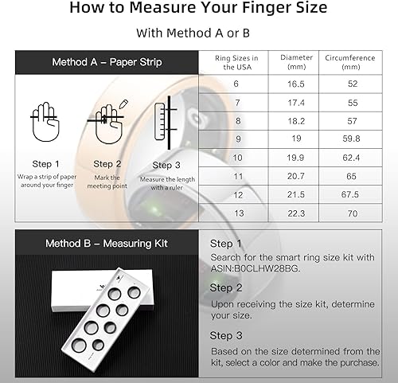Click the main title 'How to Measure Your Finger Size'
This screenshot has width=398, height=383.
click(199, 10)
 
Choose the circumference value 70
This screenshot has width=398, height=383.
click(349, 213)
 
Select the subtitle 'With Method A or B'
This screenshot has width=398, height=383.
click(199, 33)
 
